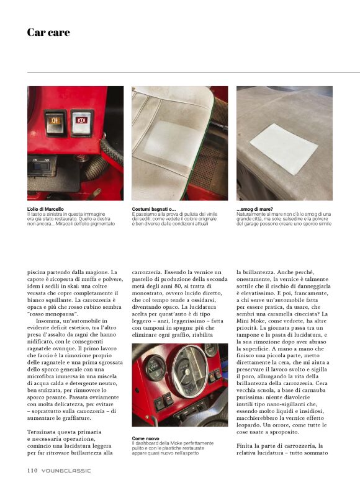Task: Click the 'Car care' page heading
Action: click(x=48, y=32)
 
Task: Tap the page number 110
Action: click(x=32, y=470)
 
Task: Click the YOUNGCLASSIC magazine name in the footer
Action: click(x=66, y=471)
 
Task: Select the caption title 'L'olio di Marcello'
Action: click(x=45, y=209)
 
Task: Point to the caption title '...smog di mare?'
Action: click(x=254, y=209)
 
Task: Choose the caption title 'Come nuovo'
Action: click(x=145, y=438)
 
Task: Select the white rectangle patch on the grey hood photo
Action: click(x=284, y=149)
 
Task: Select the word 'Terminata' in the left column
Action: click(x=40, y=432)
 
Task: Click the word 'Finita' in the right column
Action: click(x=245, y=446)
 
